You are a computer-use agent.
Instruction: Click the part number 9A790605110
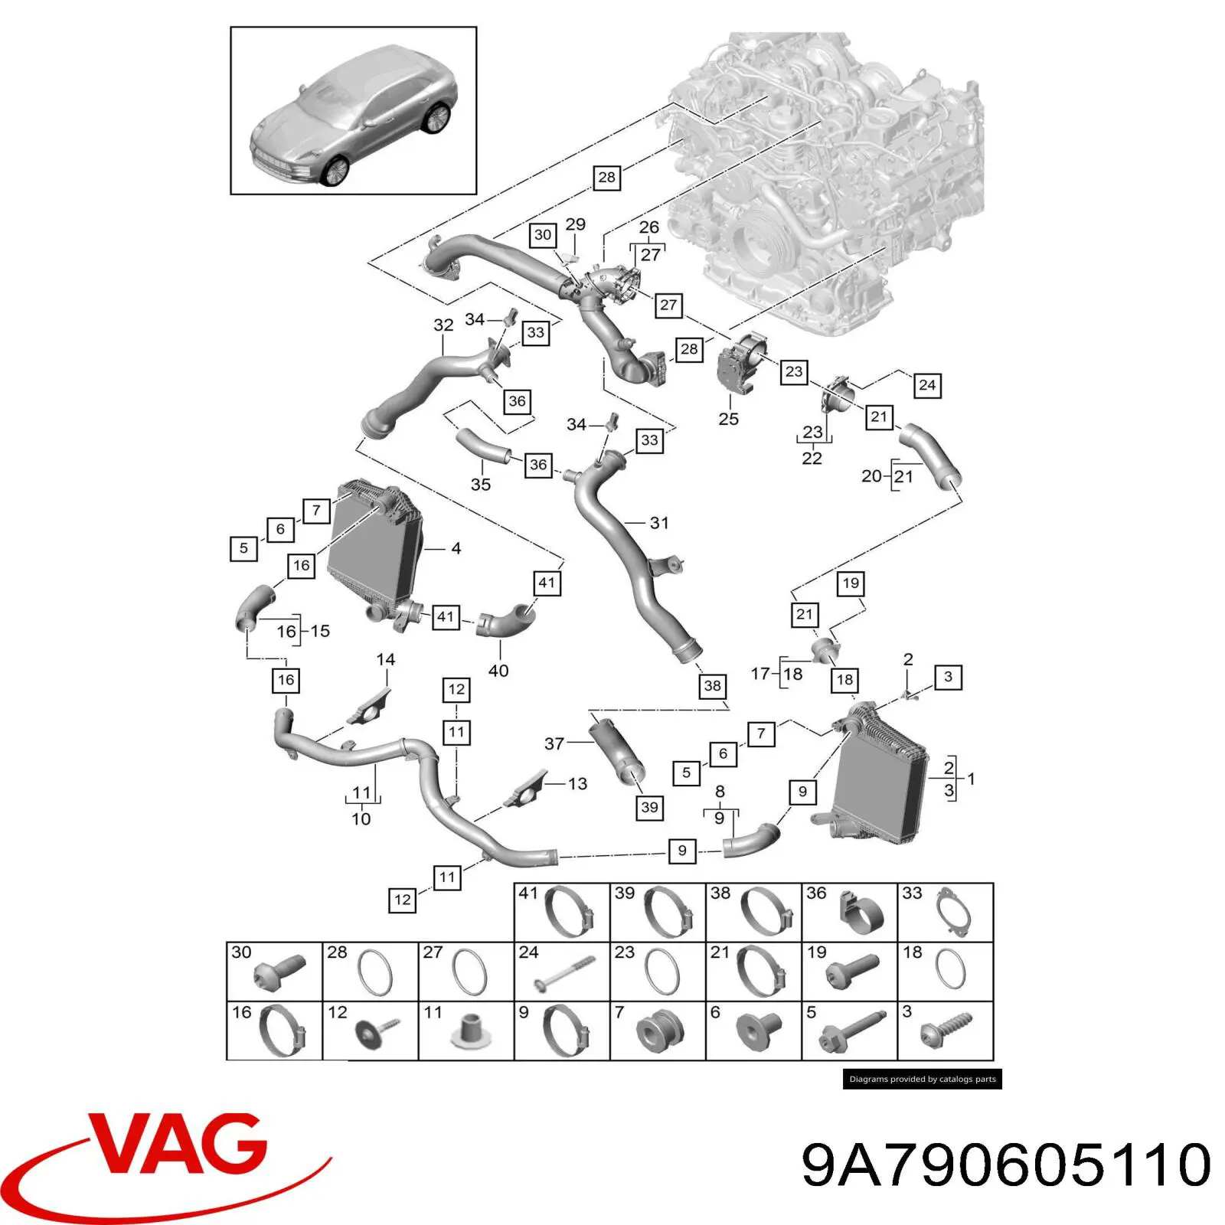[x=1006, y=1165]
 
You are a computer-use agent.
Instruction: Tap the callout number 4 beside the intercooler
[x=456, y=548]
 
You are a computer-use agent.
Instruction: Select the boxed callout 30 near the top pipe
[x=543, y=235]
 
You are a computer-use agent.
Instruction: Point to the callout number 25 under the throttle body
[x=728, y=419]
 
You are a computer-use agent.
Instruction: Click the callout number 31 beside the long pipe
[x=659, y=523]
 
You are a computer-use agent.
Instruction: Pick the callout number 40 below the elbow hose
[x=498, y=671]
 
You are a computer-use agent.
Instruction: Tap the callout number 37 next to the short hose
[x=554, y=743]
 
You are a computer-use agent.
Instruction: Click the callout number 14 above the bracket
[x=386, y=659]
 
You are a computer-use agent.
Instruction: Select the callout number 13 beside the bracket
[x=577, y=783]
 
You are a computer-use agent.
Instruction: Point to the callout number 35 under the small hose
[x=481, y=484]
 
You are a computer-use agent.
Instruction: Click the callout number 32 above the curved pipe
[x=443, y=325]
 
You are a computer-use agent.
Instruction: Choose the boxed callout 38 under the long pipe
[x=712, y=686]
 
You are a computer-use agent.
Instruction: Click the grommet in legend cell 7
[x=655, y=1031]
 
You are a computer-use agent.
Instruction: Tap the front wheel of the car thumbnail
[x=335, y=171]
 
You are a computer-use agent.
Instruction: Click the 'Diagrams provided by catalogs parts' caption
[x=923, y=1079]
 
